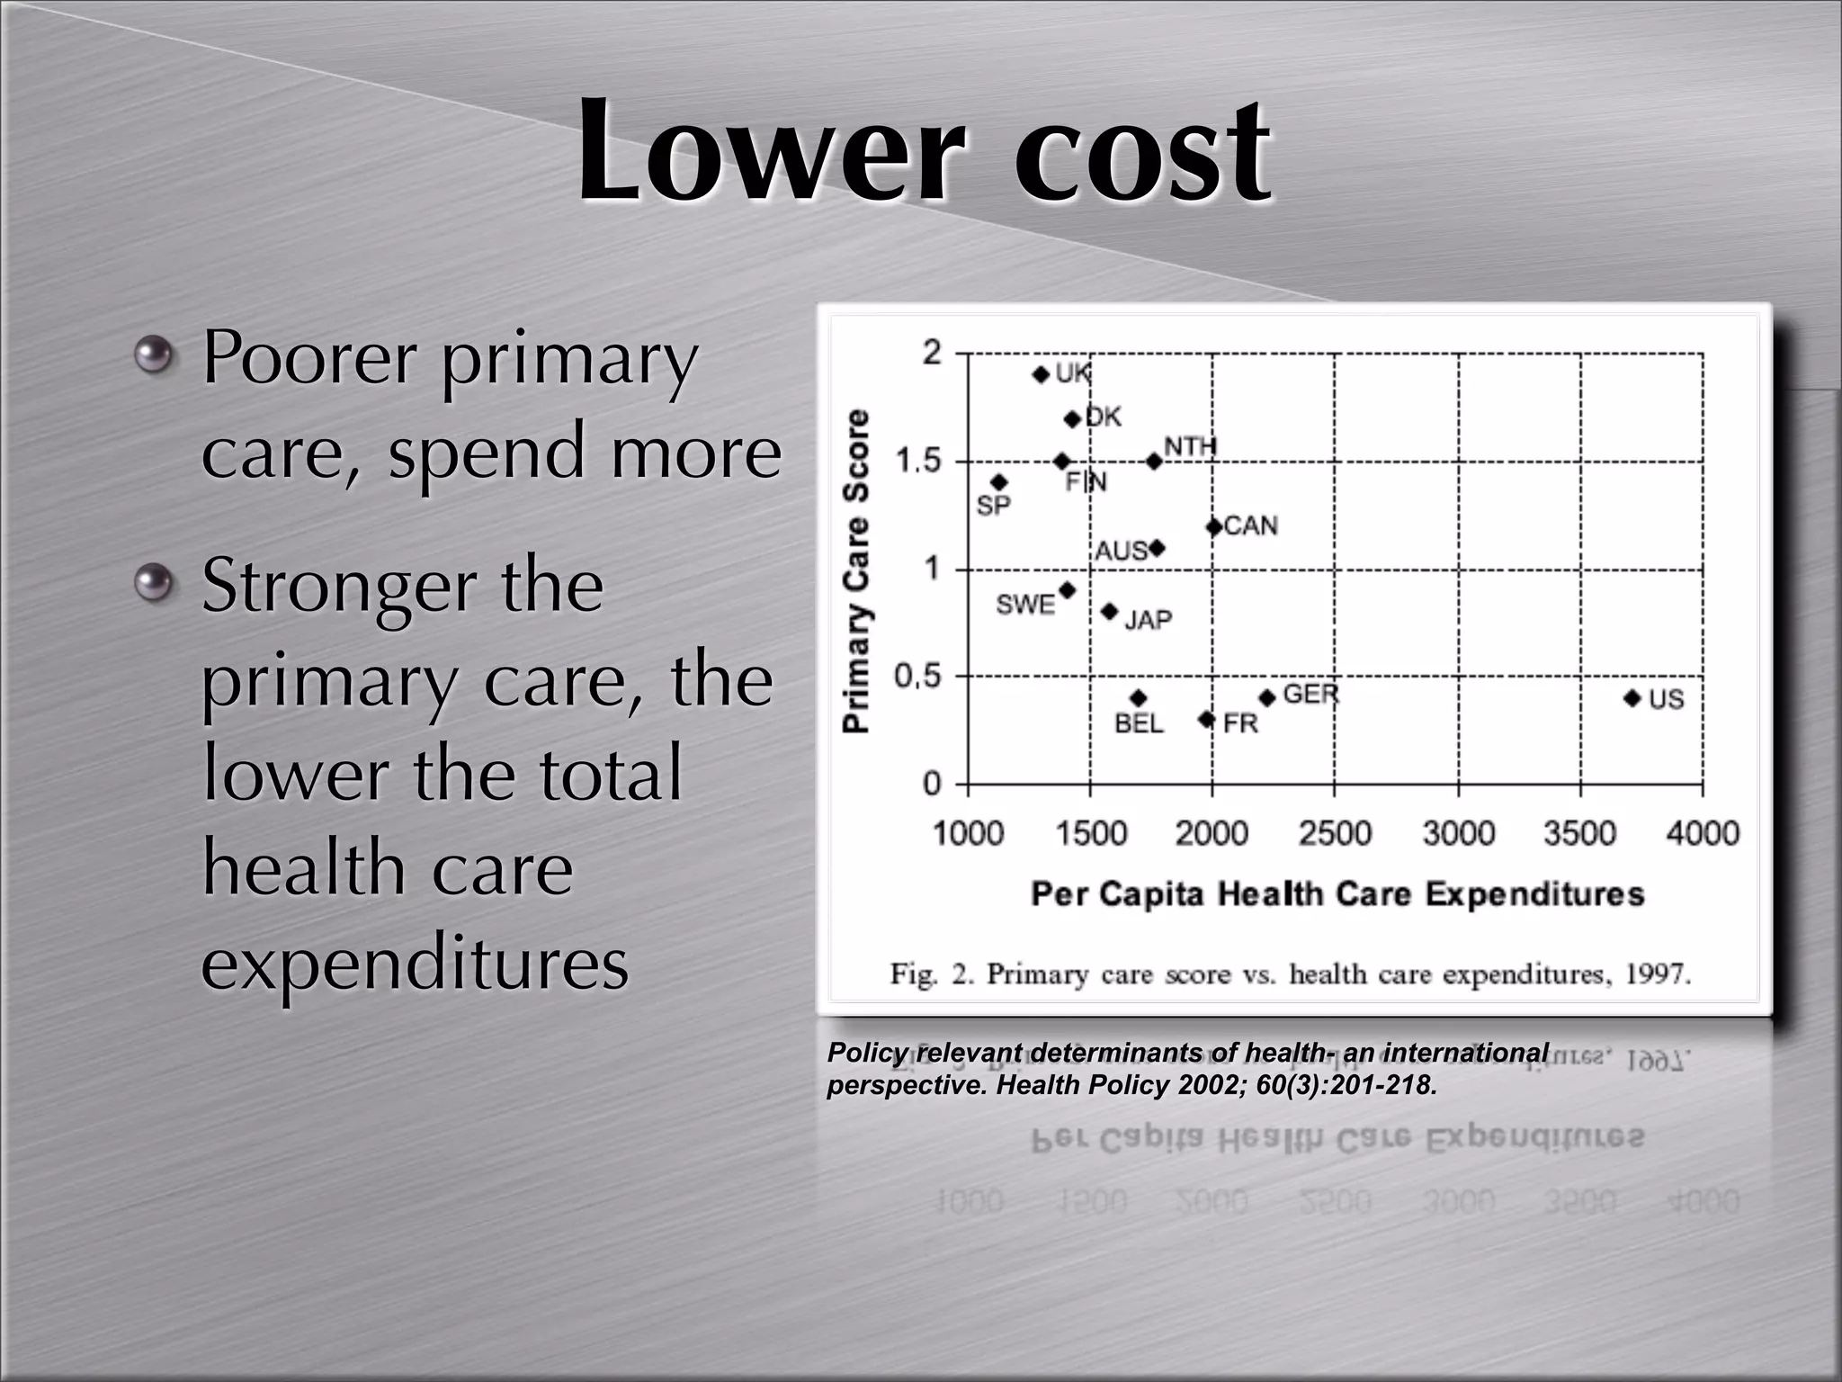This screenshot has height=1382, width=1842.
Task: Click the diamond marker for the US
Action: click(1632, 698)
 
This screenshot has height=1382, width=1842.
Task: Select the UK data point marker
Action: click(1042, 374)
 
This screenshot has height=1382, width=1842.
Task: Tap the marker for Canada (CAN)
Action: click(1213, 526)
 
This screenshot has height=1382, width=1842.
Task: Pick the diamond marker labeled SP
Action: click(998, 482)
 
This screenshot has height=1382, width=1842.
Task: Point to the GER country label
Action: click(1310, 694)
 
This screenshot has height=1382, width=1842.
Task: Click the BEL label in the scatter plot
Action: click(1139, 723)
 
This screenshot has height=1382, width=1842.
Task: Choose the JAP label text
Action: click(1149, 620)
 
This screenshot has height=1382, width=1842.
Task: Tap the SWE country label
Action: click(1025, 605)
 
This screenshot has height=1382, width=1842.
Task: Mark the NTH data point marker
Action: click(1154, 462)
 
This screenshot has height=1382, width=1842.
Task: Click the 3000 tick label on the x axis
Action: click(1458, 833)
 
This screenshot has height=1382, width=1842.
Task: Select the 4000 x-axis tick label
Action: click(1703, 833)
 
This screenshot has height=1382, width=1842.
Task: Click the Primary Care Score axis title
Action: click(857, 570)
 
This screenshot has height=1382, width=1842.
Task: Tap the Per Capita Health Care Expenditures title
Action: click(1337, 894)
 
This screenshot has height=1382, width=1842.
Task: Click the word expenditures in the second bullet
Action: click(415, 964)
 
